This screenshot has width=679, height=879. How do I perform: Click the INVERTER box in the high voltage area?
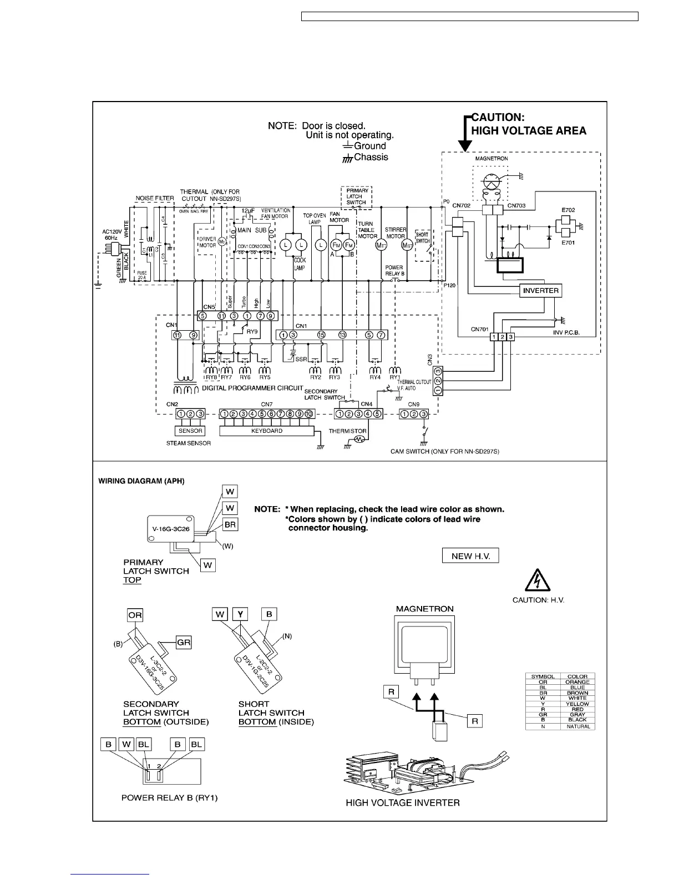pyautogui.click(x=541, y=290)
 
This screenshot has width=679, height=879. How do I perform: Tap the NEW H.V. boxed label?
pyautogui.click(x=470, y=556)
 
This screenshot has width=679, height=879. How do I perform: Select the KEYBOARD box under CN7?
pyautogui.click(x=267, y=431)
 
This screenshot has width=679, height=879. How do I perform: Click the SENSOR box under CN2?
pyautogui.click(x=190, y=431)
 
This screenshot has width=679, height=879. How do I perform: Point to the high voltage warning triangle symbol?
pyautogui.click(x=538, y=582)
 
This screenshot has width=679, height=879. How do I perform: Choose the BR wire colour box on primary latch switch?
pyautogui.click(x=230, y=524)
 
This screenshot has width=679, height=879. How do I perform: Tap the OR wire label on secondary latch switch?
pyautogui.click(x=135, y=614)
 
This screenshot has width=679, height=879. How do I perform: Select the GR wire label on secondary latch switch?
pyautogui.click(x=184, y=642)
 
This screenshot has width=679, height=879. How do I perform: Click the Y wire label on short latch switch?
pyautogui.click(x=240, y=614)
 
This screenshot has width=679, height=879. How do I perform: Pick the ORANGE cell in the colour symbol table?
pyautogui.click(x=577, y=682)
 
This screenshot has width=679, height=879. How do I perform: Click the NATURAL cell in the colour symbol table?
pyautogui.click(x=577, y=726)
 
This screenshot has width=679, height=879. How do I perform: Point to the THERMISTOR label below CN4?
pyautogui.click(x=347, y=431)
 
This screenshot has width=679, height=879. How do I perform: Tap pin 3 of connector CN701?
pyautogui.click(x=511, y=337)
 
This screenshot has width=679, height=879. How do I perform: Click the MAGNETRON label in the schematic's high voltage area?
pyautogui.click(x=491, y=159)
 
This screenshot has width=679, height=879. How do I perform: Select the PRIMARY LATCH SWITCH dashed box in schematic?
pyautogui.click(x=356, y=196)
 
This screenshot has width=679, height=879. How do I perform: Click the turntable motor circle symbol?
pyautogui.click(x=381, y=245)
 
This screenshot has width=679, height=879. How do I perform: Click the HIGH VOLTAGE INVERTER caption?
pyautogui.click(x=403, y=802)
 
